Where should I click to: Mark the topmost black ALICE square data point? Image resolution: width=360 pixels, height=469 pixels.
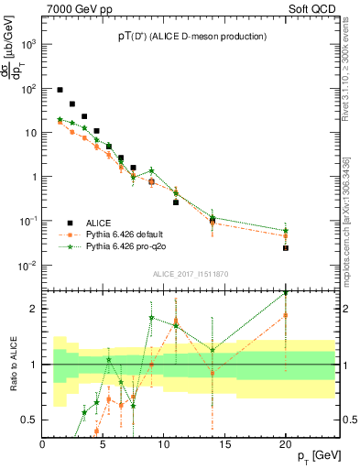(x=60, y=90)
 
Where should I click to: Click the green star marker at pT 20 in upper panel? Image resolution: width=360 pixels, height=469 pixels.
(x=286, y=230)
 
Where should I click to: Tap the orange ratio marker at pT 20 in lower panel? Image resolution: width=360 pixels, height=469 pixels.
(x=286, y=315)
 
